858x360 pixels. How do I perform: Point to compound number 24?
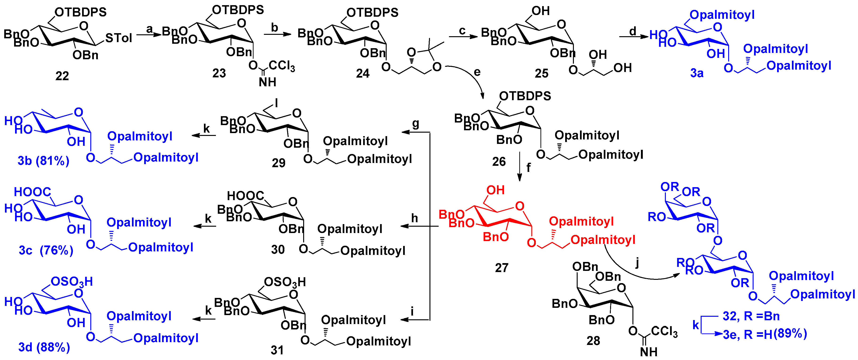362,73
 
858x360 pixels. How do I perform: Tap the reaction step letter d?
632,31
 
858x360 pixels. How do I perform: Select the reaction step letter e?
477,72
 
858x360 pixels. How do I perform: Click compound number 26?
499,162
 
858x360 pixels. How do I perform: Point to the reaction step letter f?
528,167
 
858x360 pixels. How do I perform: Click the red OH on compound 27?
495,190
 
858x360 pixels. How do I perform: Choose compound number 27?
502,268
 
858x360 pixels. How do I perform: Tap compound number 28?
593,341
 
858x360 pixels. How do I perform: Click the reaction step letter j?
637,263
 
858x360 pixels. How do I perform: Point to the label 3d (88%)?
44,347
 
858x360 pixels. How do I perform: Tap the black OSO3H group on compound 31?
285,282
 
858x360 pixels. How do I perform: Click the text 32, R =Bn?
751,316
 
